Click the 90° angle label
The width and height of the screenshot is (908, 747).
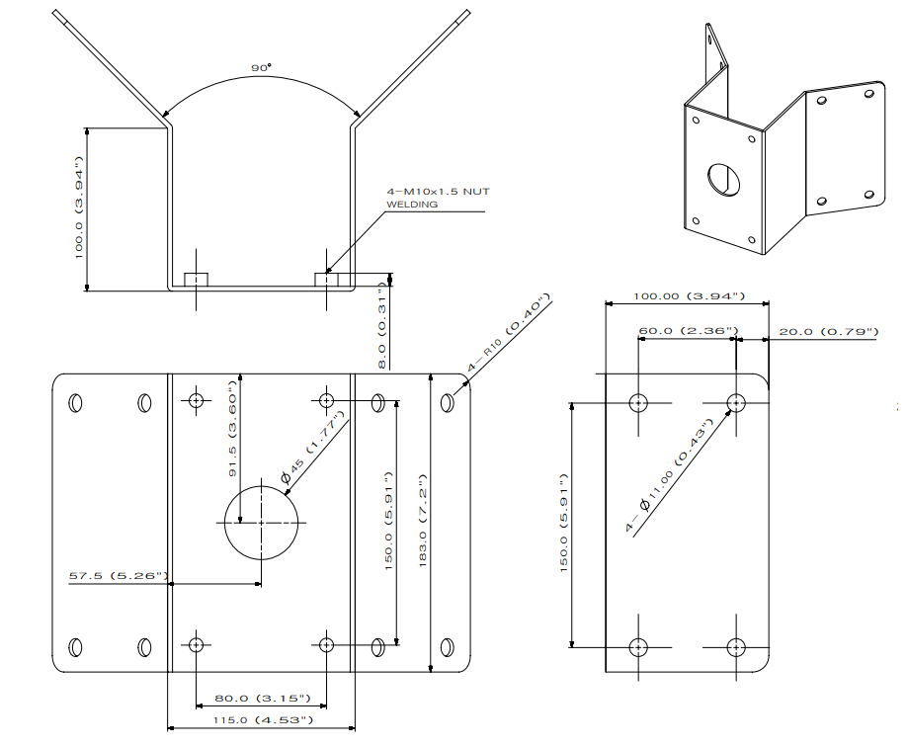pyautogui.click(x=261, y=68)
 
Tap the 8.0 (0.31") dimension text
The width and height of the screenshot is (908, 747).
pyautogui.click(x=382, y=325)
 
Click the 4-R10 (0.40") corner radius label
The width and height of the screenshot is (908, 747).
pyautogui.click(x=507, y=332)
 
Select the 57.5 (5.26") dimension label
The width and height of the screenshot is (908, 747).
pyautogui.click(x=118, y=576)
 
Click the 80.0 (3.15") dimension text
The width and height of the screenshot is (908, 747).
pyautogui.click(x=262, y=699)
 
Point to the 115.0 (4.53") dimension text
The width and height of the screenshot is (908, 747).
pyautogui.click(x=262, y=720)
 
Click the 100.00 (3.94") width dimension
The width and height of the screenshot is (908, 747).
pyautogui.click(x=688, y=295)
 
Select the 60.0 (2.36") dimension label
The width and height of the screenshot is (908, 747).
pyautogui.click(x=688, y=331)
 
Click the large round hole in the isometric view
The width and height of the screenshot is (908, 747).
pyautogui.click(x=722, y=178)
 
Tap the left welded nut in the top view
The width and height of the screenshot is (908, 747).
pyautogui.click(x=196, y=279)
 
